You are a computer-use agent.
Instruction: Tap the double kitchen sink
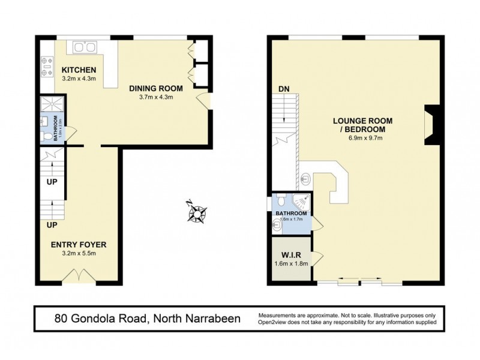85,47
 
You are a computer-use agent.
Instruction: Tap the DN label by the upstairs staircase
284,89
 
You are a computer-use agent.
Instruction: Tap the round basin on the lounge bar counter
306,178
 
